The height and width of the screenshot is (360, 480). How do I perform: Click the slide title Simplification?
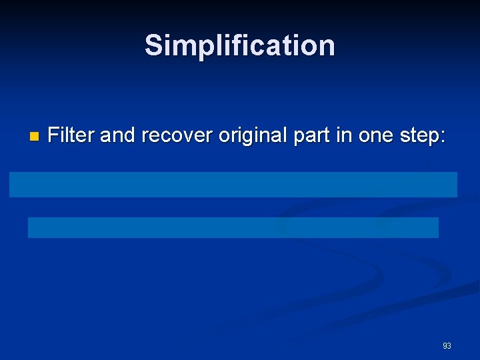coord(240,46)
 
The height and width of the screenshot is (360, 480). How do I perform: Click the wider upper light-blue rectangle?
coord(233,185)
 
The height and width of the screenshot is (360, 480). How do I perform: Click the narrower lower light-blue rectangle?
coord(233,227)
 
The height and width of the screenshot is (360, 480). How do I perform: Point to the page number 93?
coord(447,346)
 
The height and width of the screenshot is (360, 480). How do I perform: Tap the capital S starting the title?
coord(153,46)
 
